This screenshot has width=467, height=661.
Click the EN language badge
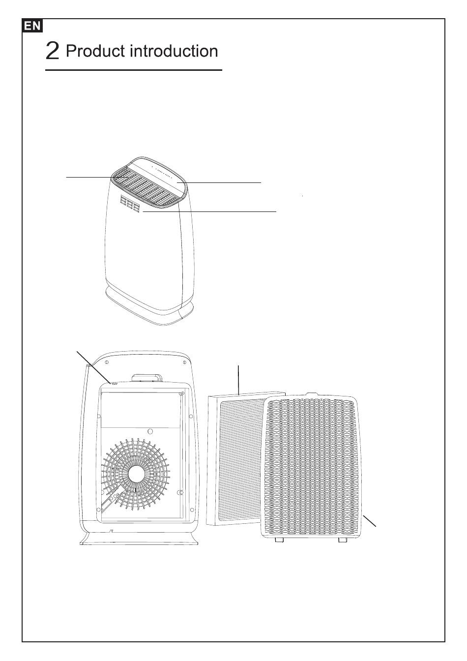pyautogui.click(x=33, y=26)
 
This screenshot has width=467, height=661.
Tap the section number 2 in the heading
pyautogui.click(x=53, y=51)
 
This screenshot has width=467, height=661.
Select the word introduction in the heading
pyautogui.click(x=173, y=51)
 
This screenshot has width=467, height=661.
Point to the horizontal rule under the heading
pyautogui.click(x=133, y=70)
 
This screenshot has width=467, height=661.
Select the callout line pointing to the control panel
pyautogui.click(x=224, y=182)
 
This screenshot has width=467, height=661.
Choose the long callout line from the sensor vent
pyautogui.click(x=211, y=211)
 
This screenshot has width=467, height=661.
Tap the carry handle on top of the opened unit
pyautogui.click(x=147, y=378)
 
